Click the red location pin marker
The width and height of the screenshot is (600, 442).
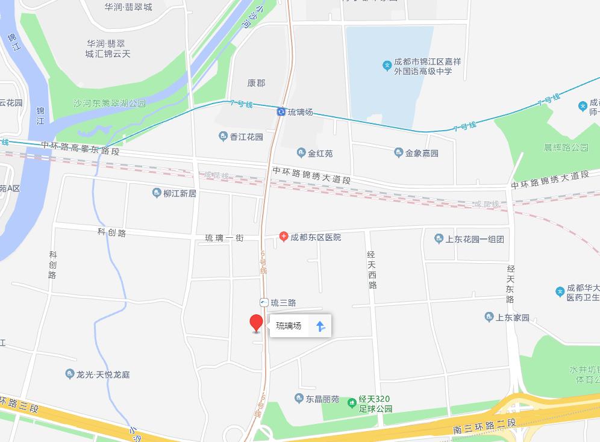tap(257, 323)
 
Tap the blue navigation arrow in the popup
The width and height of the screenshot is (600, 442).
tap(320, 326)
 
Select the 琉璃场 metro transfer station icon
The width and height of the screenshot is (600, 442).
tap(281, 112)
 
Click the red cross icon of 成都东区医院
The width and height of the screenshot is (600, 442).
tap(284, 237)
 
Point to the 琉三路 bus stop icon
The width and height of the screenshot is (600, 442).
tap(264, 302)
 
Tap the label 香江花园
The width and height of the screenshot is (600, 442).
tap(246, 137)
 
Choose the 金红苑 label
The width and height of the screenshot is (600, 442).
tap(320, 153)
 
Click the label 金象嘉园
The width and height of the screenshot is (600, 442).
tap(421, 153)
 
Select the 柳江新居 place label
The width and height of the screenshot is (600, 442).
tap(180, 193)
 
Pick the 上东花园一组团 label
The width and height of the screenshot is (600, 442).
tap(474, 238)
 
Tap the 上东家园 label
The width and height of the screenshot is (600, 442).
tap(512, 317)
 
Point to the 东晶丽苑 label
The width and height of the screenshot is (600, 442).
tap(322, 399)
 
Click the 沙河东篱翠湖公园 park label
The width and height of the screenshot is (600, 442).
tap(109, 104)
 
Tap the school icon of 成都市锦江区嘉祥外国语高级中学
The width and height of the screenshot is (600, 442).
tap(387, 66)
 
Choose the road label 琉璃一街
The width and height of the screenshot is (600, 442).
tap(224, 238)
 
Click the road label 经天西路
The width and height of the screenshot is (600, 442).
tap(372, 269)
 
